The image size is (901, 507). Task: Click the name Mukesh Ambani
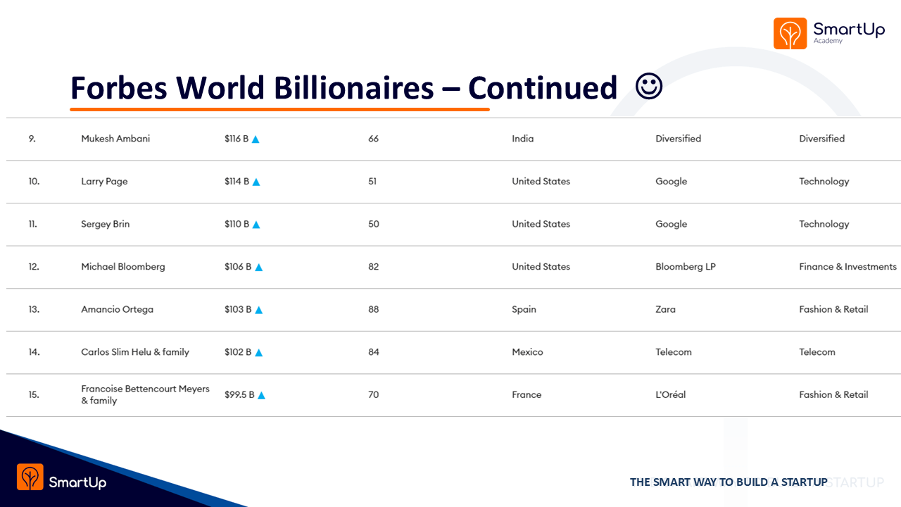(115, 139)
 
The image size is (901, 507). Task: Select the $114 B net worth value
(237, 181)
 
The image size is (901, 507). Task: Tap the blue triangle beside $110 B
(256, 225)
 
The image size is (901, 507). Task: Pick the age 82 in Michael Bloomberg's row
(373, 266)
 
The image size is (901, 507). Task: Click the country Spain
(524, 309)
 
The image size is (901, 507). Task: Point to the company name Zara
(665, 309)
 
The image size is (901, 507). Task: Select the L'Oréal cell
(671, 394)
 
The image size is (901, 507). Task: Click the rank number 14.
(34, 351)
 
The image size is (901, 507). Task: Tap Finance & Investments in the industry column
(848, 266)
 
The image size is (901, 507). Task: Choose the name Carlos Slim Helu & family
(135, 352)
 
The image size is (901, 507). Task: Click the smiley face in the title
(649, 86)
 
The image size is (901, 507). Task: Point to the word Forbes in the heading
(119, 87)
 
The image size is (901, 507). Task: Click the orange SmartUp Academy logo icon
(790, 33)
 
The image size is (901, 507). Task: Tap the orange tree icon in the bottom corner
(30, 477)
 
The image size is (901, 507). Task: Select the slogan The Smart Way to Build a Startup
(729, 482)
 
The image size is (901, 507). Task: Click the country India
(522, 139)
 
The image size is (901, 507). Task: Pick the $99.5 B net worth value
(239, 394)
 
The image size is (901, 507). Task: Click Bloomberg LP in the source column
(686, 267)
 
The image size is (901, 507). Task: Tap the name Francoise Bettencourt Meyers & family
(145, 394)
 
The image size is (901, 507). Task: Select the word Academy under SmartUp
(828, 41)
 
